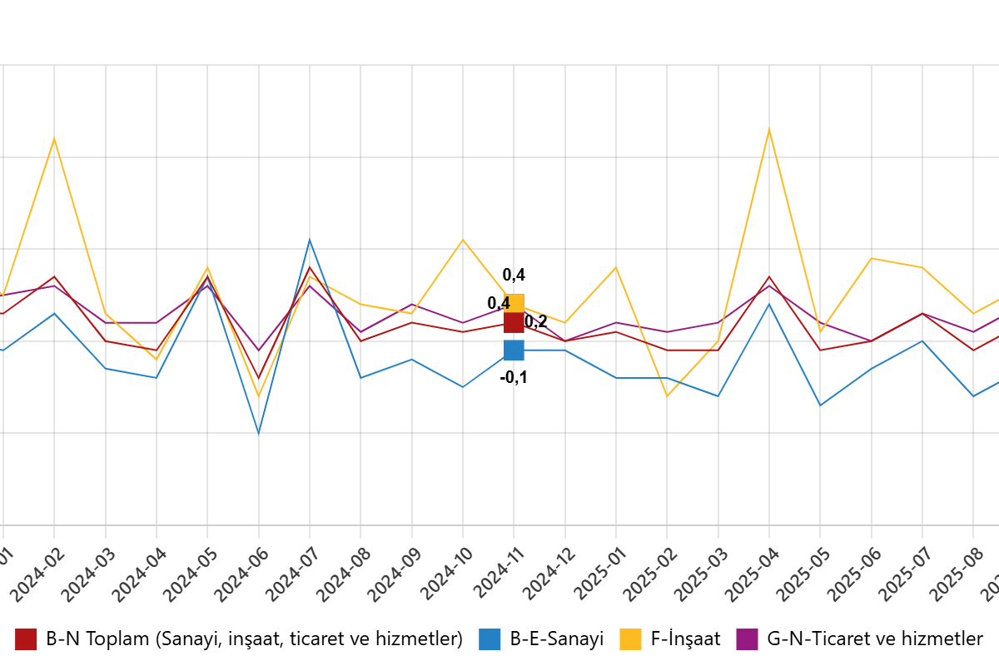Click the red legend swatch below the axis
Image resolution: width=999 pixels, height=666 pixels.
(x=26, y=639)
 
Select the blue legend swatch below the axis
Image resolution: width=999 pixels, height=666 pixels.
(x=490, y=639)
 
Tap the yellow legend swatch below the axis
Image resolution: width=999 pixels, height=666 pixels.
(x=630, y=639)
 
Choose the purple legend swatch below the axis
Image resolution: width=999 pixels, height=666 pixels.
(x=747, y=639)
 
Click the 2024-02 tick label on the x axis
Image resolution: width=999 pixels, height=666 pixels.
(x=38, y=574)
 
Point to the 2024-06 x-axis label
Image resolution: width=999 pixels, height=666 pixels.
(x=242, y=574)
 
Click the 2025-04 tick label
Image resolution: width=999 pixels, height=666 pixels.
(x=753, y=574)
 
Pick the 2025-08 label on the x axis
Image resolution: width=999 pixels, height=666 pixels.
(x=957, y=574)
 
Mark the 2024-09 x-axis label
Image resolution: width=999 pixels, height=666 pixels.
(x=395, y=574)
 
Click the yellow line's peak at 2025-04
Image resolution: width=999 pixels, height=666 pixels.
(x=769, y=129)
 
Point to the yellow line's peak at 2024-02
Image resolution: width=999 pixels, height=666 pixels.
(x=55, y=138)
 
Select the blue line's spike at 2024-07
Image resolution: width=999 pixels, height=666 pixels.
(x=310, y=240)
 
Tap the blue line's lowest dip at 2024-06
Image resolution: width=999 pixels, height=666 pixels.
(x=259, y=433)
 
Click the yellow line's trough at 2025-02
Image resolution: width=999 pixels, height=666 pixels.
(x=667, y=396)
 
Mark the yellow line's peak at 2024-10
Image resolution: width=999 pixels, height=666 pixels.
(x=463, y=240)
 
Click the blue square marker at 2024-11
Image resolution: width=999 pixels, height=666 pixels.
(x=514, y=350)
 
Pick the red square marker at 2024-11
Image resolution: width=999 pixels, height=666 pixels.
(x=514, y=323)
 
